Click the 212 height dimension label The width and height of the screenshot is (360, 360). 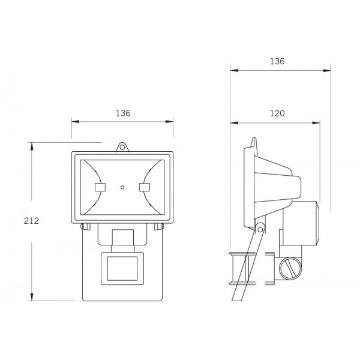pyautogui.click(x=31, y=221)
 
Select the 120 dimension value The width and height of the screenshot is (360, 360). pyautogui.click(x=277, y=113)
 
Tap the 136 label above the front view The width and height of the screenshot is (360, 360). pyautogui.click(x=123, y=113)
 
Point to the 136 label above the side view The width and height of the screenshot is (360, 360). pyautogui.click(x=277, y=61)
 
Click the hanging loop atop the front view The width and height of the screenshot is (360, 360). pyautogui.click(x=122, y=147)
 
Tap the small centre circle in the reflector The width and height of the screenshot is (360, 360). pyautogui.click(x=122, y=187)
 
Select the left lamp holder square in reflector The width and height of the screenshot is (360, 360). pyautogui.click(x=100, y=187)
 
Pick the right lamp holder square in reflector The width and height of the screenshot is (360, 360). pyautogui.click(x=145, y=187)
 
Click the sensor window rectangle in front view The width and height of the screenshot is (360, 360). pyautogui.click(x=122, y=268)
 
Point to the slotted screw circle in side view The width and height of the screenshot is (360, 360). pyautogui.click(x=290, y=269)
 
